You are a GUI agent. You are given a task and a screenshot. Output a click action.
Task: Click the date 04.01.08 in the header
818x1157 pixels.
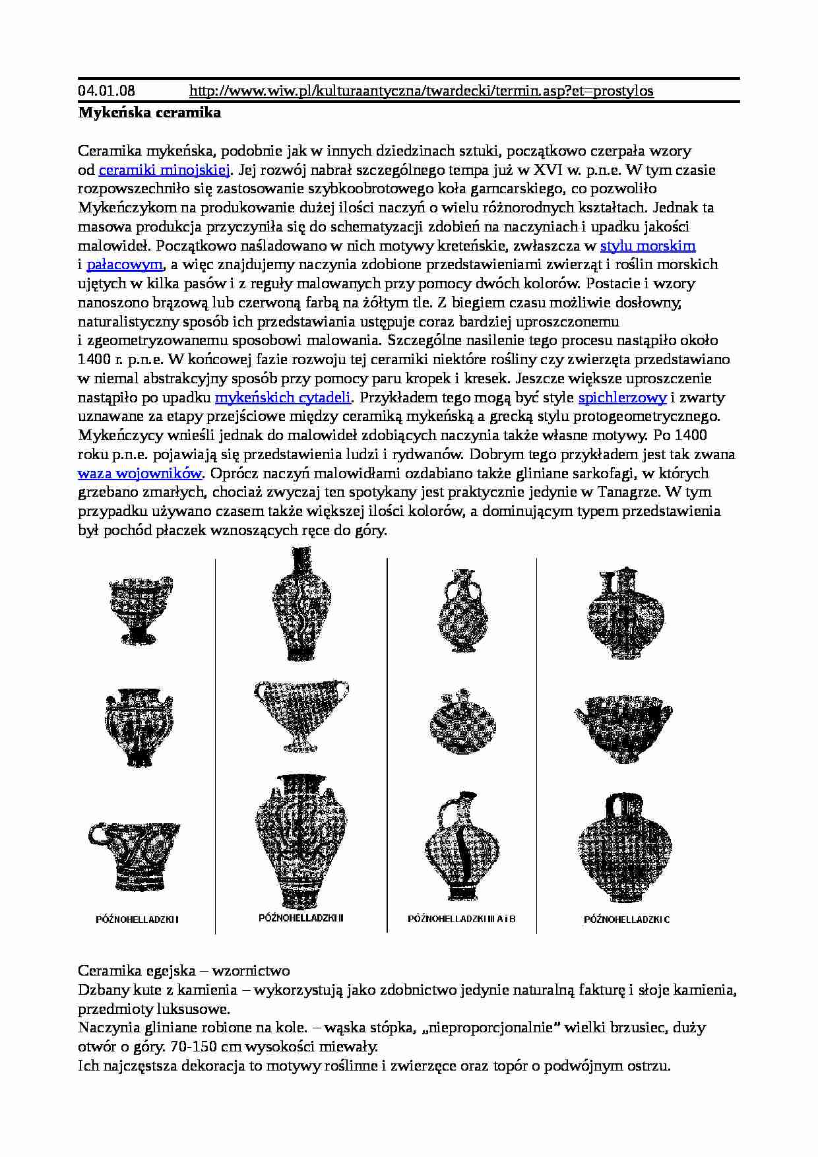point(105,90)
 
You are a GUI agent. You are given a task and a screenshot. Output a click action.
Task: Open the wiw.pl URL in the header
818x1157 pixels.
point(421,90)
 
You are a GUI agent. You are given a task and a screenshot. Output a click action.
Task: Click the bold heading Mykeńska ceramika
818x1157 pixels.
point(150,112)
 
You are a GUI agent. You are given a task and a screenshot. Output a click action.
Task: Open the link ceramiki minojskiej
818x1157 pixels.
point(164,170)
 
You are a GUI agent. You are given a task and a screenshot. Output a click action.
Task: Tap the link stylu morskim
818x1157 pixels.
point(648,246)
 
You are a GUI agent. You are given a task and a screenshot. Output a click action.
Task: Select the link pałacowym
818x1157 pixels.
point(124,265)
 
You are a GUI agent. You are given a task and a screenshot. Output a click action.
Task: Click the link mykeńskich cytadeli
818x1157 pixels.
point(283,398)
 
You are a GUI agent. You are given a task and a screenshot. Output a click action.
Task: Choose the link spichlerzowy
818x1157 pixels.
point(622,398)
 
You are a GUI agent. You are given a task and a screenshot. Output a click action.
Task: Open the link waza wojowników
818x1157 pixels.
point(140,474)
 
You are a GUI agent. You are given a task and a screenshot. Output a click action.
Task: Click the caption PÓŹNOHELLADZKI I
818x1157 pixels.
point(137,919)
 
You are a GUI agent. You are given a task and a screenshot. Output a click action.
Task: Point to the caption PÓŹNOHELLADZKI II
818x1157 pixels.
point(301,918)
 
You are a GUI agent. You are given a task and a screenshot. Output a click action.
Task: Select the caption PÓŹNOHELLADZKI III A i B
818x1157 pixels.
point(462,919)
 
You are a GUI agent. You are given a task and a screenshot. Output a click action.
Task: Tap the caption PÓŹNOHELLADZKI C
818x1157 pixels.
point(627,919)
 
